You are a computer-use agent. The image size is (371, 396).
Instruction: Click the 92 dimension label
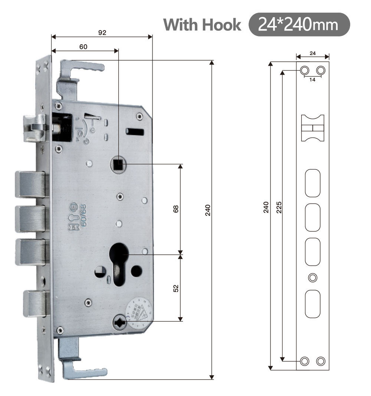pyautogui.click(x=102, y=33)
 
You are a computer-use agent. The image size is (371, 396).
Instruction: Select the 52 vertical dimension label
pyautogui.click(x=176, y=288)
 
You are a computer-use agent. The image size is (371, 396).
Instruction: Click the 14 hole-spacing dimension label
pyautogui.click(x=312, y=80)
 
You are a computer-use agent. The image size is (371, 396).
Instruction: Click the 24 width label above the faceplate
pyautogui.click(x=312, y=53)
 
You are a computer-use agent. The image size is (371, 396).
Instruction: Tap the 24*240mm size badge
pyautogui.click(x=299, y=25)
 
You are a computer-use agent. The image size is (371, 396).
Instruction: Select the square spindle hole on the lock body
pyautogui.click(x=118, y=164)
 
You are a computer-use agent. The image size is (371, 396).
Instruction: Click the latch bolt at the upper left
pyautogui.click(x=35, y=127)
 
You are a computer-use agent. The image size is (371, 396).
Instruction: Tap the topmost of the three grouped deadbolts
pyautogui.click(x=32, y=184)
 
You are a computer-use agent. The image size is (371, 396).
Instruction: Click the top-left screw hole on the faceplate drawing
pyautogui.click(x=304, y=70)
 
